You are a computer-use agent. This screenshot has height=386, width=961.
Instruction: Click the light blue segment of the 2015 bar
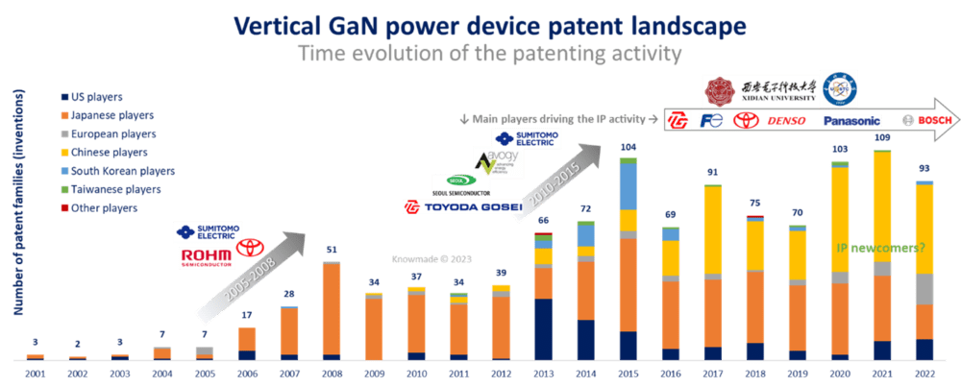tap(628, 186)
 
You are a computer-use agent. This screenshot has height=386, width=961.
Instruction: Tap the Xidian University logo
tap(759, 90)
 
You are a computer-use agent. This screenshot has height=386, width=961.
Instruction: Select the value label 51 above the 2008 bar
tap(332, 250)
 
